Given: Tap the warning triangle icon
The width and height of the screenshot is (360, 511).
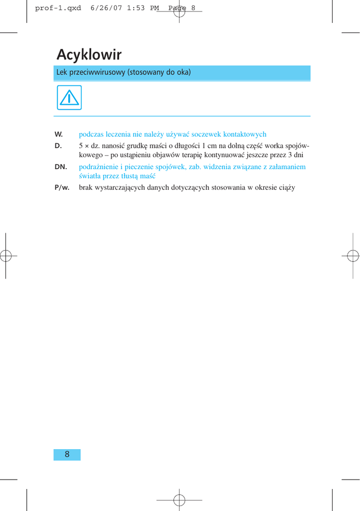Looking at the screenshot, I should [69, 98].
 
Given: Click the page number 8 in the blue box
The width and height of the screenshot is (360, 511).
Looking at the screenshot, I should [67, 454].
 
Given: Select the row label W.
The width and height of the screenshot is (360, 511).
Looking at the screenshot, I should [58, 134].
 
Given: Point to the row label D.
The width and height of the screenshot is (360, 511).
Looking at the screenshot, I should [58, 146].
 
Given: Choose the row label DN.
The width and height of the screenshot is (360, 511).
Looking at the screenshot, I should [61, 167].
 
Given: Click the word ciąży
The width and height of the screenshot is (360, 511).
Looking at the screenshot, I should [287, 188].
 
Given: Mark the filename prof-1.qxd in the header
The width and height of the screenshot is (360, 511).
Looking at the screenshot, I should [58, 8].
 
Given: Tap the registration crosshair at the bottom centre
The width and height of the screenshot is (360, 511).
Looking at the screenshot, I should [180, 500].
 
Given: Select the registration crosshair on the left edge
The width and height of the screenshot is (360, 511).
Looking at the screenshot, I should [5, 255].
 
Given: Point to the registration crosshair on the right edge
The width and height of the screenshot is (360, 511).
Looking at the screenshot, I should [354, 255].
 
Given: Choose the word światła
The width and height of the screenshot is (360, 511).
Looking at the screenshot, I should [91, 176].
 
